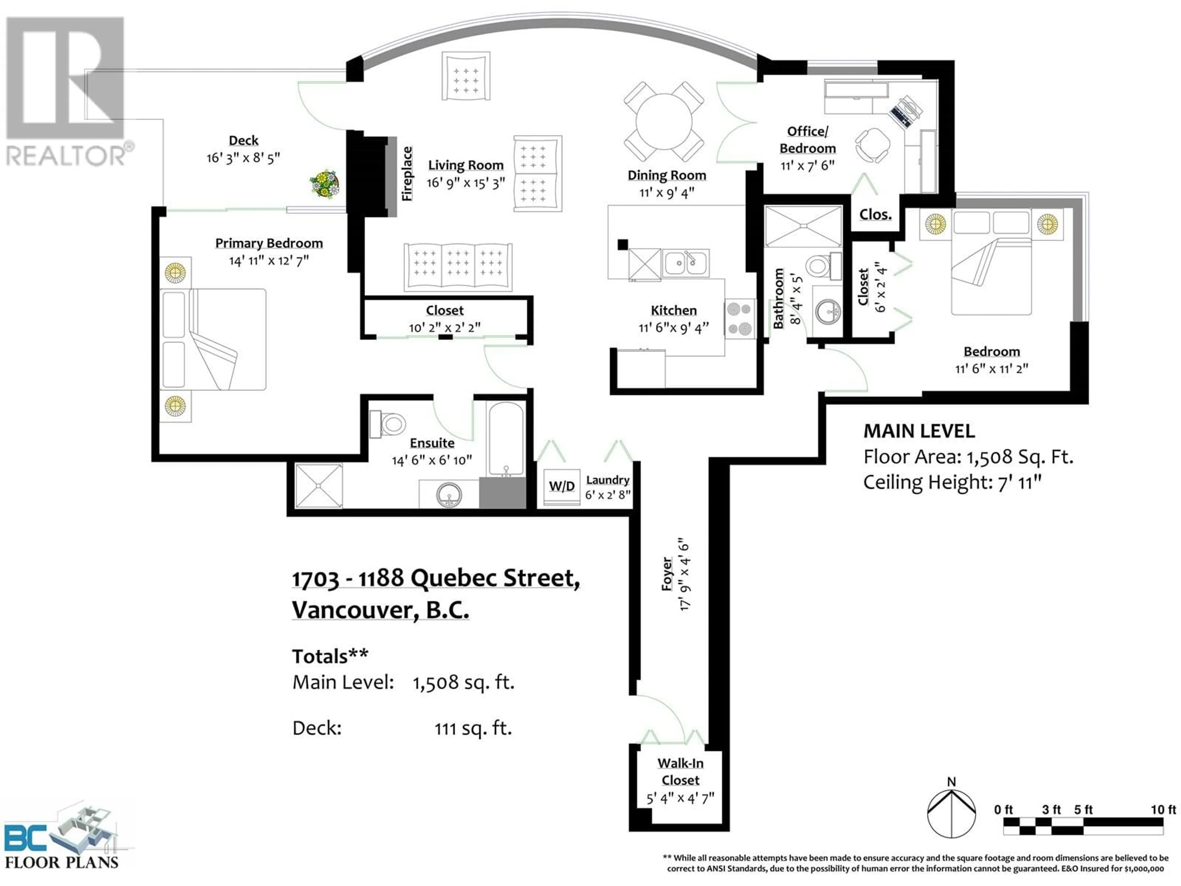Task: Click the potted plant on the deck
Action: pyautogui.click(x=324, y=184)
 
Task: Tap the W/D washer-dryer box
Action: pyautogui.click(x=562, y=486)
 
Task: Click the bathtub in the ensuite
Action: pyautogui.click(x=506, y=439)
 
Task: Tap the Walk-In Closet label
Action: pyautogui.click(x=680, y=771)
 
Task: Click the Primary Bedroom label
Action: pyautogui.click(x=269, y=243)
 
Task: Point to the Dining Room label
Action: pyautogui.click(x=667, y=175)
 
